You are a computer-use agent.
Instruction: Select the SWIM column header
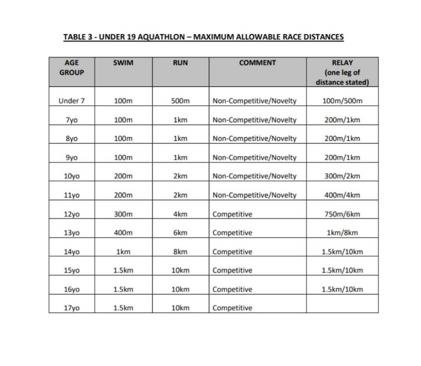123,63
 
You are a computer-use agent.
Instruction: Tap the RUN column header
180,63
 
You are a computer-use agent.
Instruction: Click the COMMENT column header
257,63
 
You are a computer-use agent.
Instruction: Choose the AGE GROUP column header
72,68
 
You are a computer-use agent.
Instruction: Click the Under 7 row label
72,101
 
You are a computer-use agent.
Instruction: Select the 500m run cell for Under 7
180,101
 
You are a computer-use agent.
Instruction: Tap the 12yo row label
72,214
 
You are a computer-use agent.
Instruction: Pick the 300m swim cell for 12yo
123,214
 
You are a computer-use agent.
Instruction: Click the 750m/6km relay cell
342,214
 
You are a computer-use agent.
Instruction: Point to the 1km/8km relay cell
342,233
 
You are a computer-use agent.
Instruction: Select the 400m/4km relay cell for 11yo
342,195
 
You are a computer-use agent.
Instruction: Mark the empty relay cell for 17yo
342,304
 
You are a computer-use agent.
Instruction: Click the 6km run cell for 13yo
180,233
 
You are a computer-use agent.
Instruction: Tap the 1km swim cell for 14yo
123,252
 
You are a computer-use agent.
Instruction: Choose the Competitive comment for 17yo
232,308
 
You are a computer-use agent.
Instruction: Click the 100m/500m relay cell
342,101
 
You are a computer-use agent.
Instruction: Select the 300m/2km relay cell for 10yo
342,176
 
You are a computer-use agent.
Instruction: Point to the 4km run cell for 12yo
180,214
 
